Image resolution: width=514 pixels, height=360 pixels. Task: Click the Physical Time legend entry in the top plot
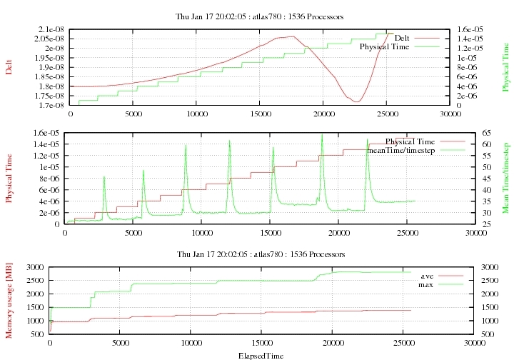[x=384, y=46]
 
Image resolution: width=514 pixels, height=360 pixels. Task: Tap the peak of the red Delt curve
[x=293, y=36]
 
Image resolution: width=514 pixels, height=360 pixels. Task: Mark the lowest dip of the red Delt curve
[x=356, y=101]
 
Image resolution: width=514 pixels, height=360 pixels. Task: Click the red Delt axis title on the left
[x=9, y=66]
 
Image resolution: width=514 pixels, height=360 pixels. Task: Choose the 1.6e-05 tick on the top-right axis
[x=468, y=29]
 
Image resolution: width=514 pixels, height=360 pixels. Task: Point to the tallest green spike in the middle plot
[x=322, y=134]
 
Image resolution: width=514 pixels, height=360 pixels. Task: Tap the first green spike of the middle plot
[x=104, y=176]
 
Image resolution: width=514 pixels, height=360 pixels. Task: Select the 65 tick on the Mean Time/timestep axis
[x=485, y=133]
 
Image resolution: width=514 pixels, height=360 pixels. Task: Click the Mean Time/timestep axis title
[x=505, y=178]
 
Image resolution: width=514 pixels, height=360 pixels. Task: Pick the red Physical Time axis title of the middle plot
[x=9, y=178]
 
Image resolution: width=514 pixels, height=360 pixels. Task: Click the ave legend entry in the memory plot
[x=427, y=276]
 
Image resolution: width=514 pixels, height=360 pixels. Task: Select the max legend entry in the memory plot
[x=427, y=285]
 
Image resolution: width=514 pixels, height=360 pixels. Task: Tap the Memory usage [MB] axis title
[x=9, y=300]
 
